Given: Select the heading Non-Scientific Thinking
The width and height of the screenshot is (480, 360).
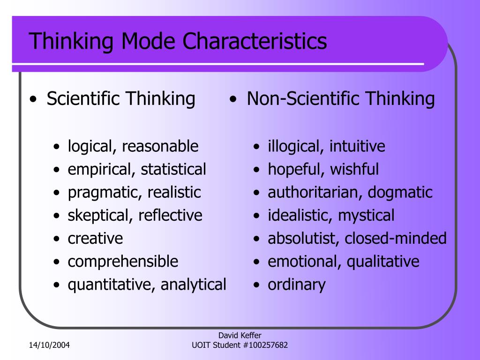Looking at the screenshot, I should pyautogui.click(x=341, y=99).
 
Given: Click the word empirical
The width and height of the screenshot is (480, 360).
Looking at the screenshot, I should pyautogui.click(x=100, y=169).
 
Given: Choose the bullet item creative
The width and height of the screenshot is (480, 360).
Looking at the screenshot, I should pyautogui.click(x=95, y=238).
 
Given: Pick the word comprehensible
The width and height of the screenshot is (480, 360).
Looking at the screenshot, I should pyautogui.click(x=123, y=261).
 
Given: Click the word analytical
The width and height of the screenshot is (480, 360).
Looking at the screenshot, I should pyautogui.click(x=194, y=284).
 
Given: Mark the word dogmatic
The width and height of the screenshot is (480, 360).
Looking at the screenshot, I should pyautogui.click(x=400, y=192).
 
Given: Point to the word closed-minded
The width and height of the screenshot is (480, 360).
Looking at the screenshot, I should pyautogui.click(x=396, y=238).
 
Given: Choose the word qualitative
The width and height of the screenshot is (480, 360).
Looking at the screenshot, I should pyautogui.click(x=383, y=261).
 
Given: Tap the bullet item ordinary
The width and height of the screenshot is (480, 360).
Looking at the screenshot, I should pyautogui.click(x=296, y=284).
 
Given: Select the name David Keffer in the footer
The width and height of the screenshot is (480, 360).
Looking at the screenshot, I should pyautogui.click(x=240, y=335).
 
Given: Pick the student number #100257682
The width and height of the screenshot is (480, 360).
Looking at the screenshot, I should pyautogui.click(x=263, y=345).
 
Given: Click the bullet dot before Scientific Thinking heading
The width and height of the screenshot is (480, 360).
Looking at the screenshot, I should pyautogui.click(x=32, y=100).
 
